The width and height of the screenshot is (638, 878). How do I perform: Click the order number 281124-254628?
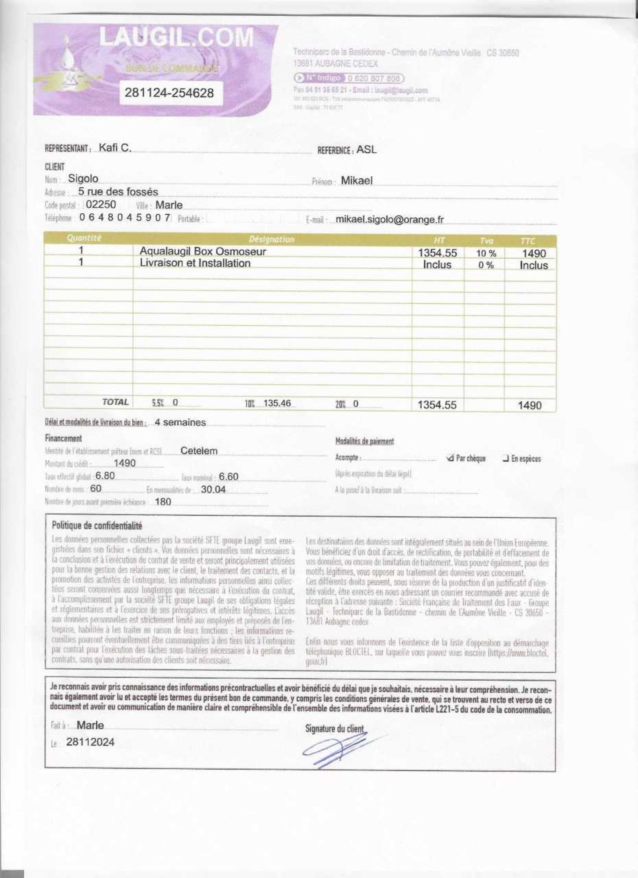pos(169,93)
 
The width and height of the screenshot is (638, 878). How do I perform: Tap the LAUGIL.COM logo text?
pos(176,38)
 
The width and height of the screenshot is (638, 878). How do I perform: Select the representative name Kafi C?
pos(115,147)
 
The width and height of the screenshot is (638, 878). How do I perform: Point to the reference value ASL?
pos(366,150)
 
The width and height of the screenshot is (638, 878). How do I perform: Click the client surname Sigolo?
pos(83,179)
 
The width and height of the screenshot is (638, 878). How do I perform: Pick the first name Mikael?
pos(357,181)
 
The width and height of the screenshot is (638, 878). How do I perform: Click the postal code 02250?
pos(101,204)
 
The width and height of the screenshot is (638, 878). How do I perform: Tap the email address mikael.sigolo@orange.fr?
pos(389,219)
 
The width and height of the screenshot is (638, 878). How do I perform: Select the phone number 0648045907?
pos(125,218)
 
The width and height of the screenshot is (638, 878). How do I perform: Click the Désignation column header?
pos(271,239)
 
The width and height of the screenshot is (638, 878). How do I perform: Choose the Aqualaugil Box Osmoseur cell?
pos(203,251)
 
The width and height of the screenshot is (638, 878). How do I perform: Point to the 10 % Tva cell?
pos(486,254)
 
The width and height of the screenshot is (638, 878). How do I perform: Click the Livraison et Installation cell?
pos(195,263)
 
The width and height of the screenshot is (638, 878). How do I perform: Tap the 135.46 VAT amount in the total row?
pos(277,403)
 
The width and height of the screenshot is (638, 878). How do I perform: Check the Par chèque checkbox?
pos(450,458)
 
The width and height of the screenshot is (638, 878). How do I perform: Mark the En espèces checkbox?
pos(505,459)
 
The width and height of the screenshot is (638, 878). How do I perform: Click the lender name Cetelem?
pos(199,451)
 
